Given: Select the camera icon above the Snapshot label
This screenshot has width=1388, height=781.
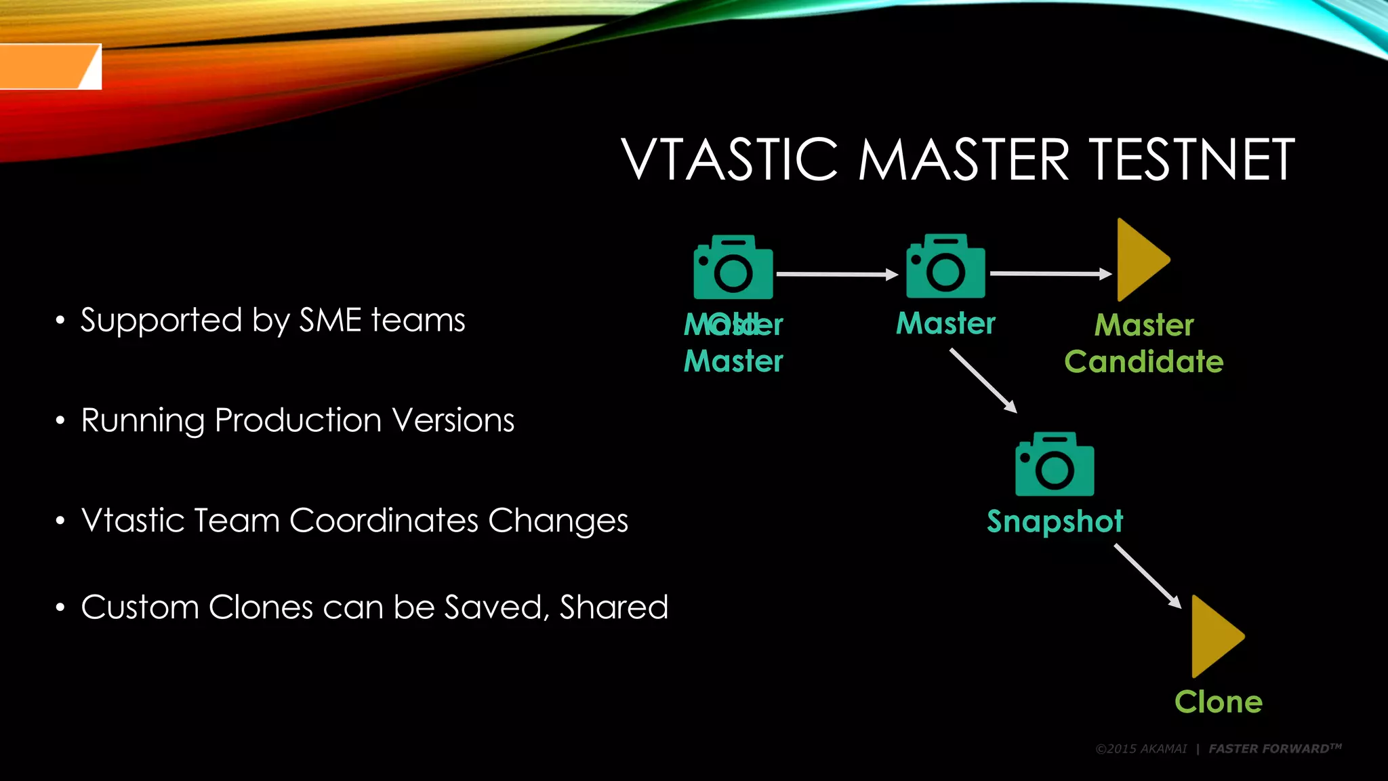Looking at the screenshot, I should tap(1055, 465).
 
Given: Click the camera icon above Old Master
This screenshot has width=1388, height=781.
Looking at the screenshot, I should tap(733, 268).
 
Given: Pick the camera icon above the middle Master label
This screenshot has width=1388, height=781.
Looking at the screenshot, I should tap(945, 267).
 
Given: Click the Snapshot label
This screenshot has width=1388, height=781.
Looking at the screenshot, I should tap(1055, 521).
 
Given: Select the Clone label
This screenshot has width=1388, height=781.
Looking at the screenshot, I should tap(1218, 702).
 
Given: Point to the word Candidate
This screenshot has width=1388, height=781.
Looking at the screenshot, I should tap(1143, 361).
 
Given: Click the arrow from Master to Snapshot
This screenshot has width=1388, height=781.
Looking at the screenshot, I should tap(983, 380).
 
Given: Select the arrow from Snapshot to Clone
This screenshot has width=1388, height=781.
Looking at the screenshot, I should tap(1147, 576).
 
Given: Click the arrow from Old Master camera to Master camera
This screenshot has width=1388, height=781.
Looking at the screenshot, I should tap(837, 275).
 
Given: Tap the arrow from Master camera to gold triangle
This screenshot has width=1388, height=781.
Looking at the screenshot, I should tap(1050, 274).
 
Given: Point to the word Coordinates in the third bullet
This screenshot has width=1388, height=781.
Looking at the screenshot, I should tap(384, 521).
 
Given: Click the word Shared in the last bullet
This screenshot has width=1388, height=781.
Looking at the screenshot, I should tap(613, 607).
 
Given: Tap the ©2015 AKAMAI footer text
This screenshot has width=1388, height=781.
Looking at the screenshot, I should tap(1141, 749).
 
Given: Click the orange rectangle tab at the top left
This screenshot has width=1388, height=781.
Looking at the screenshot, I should tap(47, 66).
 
